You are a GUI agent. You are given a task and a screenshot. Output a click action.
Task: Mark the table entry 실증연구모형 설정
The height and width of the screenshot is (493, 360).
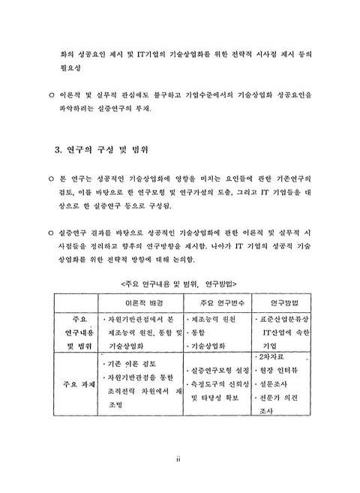coord(220,370)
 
